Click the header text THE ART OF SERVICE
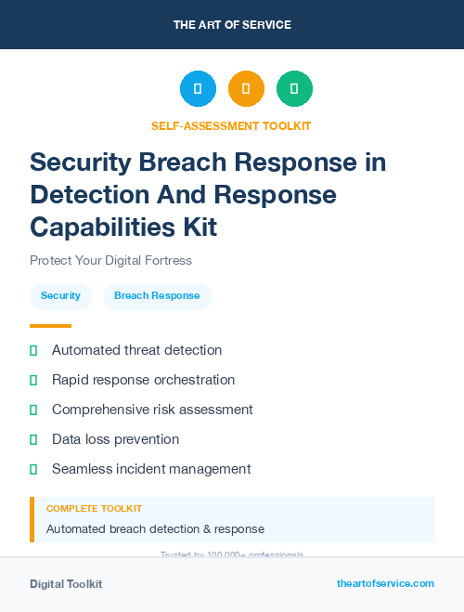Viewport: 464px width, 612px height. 232,24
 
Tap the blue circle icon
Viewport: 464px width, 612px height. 198,88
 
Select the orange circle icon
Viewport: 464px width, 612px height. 246,88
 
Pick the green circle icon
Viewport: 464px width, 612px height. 294,88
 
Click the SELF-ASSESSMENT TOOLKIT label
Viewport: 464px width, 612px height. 231,125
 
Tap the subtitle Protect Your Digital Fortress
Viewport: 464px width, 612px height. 110,261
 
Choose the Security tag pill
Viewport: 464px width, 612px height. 60,296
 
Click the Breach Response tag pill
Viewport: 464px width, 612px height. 157,296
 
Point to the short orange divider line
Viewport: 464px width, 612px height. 50,326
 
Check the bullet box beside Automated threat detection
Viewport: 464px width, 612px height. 33,350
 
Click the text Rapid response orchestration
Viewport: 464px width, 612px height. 143,380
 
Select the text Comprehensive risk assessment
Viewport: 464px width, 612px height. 152,410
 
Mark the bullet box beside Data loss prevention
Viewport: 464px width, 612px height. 33,439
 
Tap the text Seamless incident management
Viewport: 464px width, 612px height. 151,469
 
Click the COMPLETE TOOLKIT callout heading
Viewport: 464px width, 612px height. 94,509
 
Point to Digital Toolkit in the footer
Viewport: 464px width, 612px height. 66,584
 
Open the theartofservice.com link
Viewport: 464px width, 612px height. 385,583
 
